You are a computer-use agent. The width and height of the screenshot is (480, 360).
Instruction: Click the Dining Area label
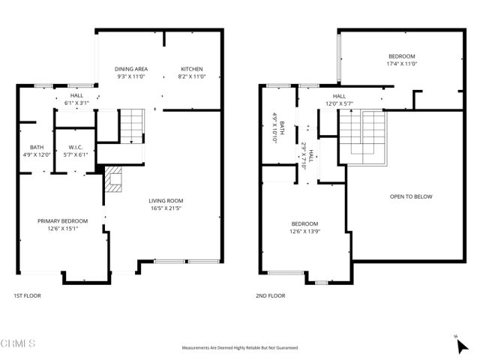coord(131,69)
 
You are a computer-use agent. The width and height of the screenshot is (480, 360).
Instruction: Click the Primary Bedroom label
coord(63,220)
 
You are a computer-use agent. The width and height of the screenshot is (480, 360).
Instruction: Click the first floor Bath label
coord(36,147)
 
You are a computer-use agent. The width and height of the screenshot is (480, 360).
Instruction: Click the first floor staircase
coord(131,126)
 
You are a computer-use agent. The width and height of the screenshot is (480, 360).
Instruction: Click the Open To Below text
coord(411,196)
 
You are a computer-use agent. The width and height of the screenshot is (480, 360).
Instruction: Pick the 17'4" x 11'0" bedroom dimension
coord(401,64)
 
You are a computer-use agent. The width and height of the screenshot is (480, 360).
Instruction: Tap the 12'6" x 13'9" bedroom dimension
coord(304,232)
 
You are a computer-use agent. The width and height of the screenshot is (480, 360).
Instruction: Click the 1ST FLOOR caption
coord(28,295)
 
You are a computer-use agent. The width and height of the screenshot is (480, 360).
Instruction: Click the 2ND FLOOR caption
coord(270,295)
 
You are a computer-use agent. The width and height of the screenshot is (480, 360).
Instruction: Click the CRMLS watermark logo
coord(18,343)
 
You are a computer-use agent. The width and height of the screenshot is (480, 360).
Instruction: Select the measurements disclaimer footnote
coord(240,348)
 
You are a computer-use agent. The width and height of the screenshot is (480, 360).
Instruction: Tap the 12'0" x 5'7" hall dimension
coord(339,103)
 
